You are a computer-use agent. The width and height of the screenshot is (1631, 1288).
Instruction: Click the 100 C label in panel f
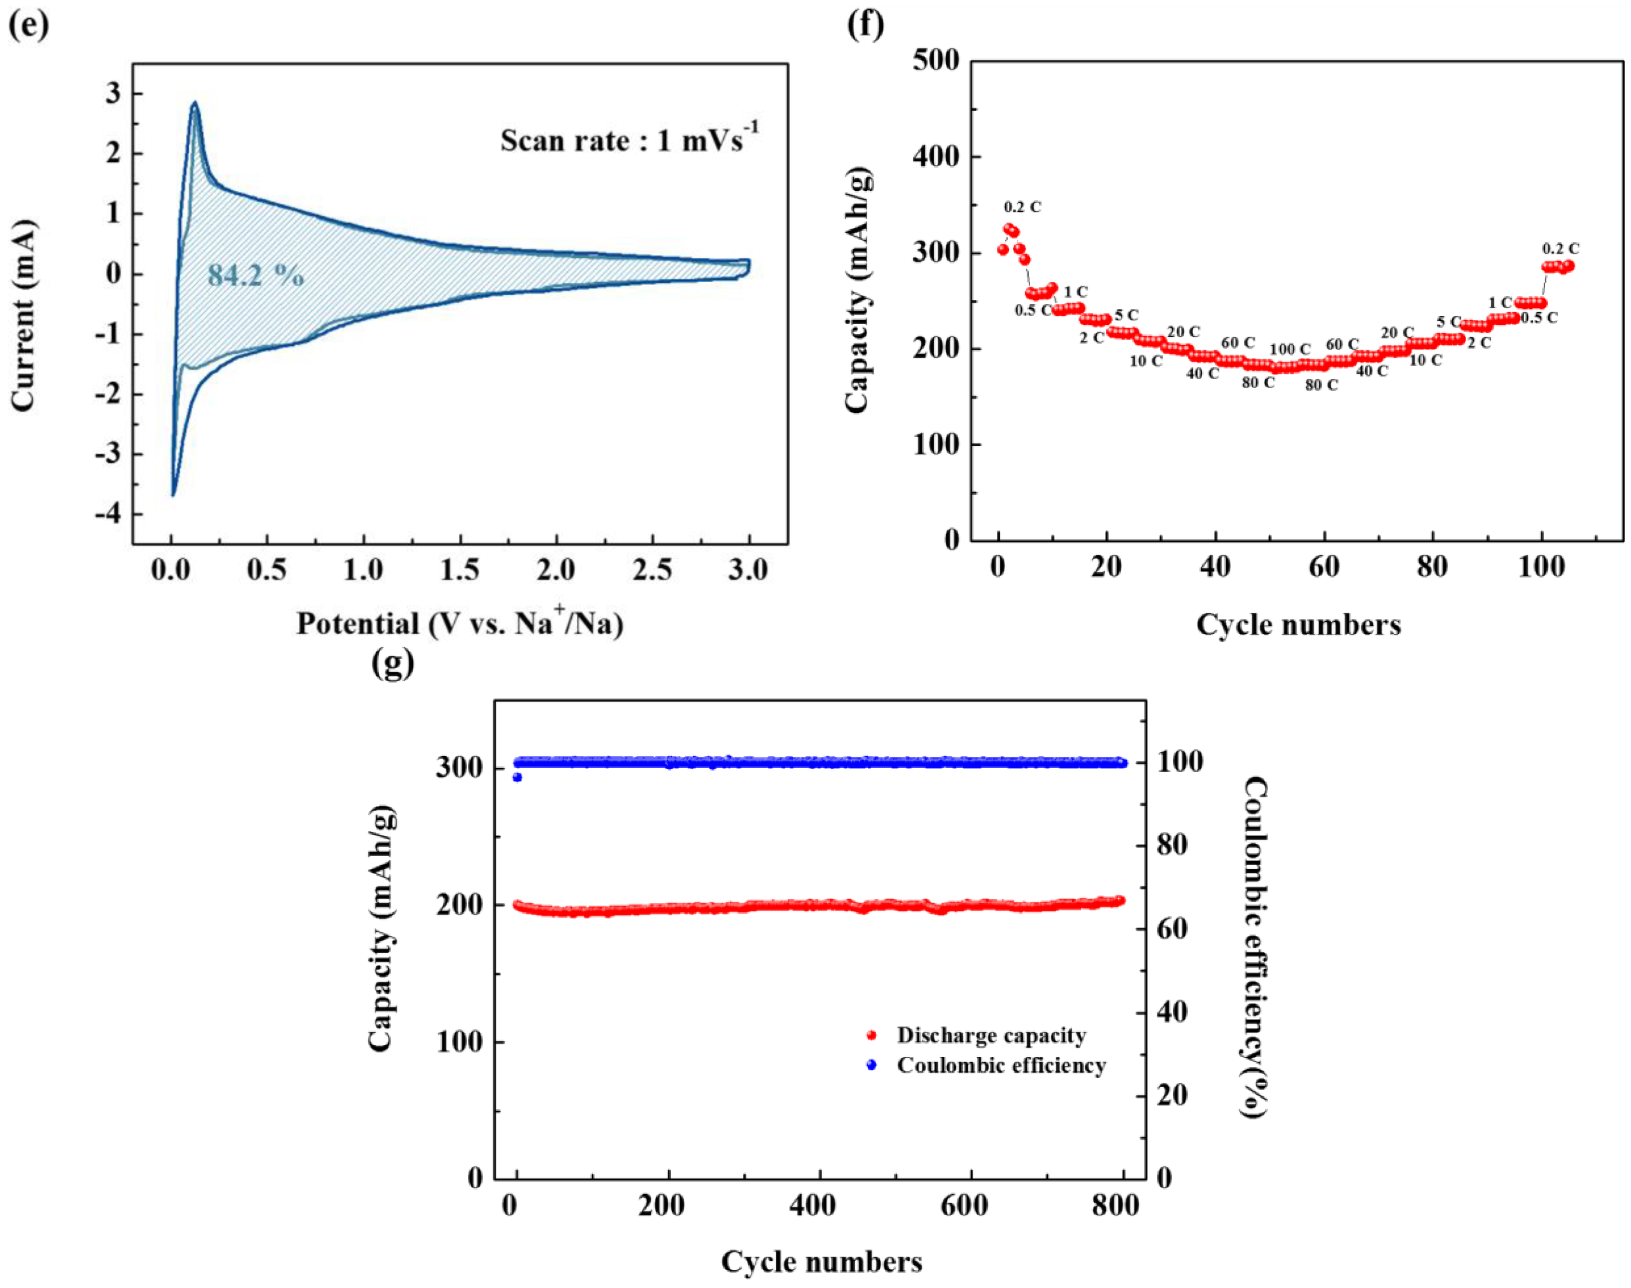coord(1290,349)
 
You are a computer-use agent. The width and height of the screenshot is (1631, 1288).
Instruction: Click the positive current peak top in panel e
coord(195,103)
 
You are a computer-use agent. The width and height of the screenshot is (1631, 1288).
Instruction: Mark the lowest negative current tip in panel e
coord(173,495)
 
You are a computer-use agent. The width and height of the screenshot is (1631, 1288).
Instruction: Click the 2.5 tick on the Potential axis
coord(652,570)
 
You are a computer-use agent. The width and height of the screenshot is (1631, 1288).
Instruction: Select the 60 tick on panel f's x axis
coord(1324,567)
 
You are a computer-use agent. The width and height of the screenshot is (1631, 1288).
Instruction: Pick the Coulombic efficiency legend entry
coord(1000,1065)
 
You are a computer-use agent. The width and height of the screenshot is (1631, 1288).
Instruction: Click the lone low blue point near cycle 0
coord(517,777)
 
